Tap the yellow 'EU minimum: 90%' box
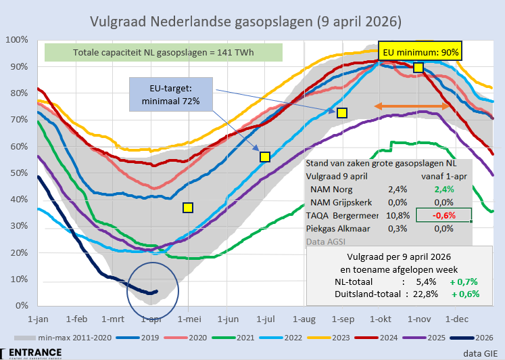[420, 51]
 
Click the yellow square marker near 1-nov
[418, 67]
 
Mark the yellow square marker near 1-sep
[342, 113]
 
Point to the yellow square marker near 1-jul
[265, 157]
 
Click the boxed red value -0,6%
[444, 216]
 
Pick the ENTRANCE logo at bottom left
[32, 353]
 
